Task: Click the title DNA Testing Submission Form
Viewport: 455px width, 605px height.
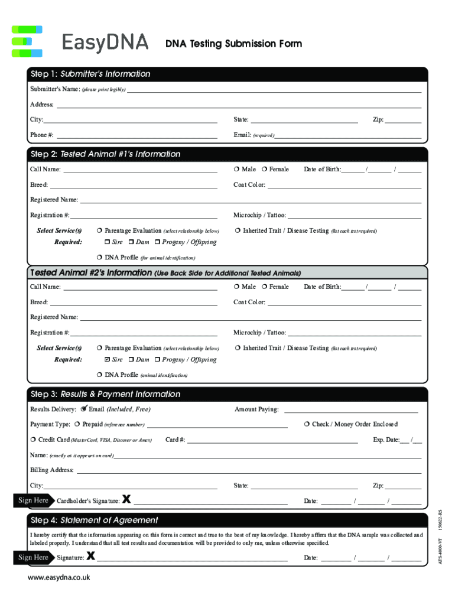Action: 233,44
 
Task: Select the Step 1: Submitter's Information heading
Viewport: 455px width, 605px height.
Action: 90,74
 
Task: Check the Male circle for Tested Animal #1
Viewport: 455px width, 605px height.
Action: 236,170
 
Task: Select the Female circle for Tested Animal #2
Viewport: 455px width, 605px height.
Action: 264,287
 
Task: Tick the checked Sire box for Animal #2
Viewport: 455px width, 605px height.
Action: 107,359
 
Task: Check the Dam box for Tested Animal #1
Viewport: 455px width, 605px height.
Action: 132,242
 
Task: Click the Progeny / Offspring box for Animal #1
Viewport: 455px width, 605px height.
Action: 158,242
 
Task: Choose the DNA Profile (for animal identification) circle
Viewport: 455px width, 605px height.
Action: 99,258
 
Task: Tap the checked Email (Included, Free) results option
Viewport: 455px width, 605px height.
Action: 84,409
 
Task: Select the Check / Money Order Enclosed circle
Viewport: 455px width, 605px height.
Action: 307,424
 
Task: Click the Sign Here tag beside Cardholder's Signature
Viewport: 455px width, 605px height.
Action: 34,500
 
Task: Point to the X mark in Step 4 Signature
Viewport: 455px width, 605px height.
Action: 90,555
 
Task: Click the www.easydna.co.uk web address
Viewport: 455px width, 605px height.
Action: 58,577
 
